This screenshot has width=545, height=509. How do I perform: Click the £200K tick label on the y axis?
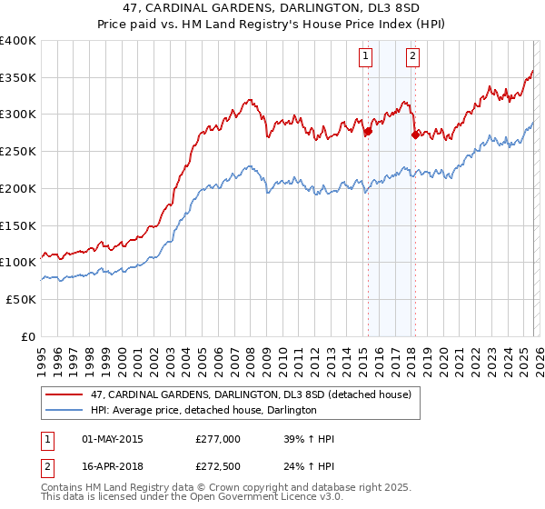tap(17, 188)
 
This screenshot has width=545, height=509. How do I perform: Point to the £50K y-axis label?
tap(21, 299)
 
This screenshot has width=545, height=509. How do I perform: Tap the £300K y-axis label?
tap(17, 115)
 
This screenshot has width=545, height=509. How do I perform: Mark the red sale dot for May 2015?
tap(368, 132)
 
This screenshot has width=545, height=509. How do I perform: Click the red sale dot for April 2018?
tap(415, 135)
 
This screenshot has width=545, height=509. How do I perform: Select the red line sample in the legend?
tap(64, 394)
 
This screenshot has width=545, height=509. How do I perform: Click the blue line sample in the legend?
tap(64, 411)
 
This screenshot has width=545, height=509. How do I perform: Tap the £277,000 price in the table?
tap(217, 439)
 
